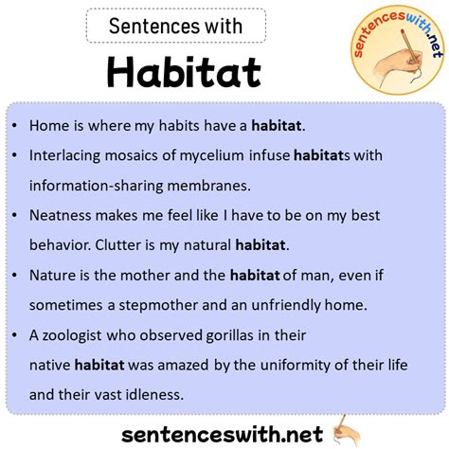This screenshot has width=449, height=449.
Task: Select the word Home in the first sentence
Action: click(48, 124)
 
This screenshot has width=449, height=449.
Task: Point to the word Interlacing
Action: click(66, 154)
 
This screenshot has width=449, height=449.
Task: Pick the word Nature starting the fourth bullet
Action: click(53, 275)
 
